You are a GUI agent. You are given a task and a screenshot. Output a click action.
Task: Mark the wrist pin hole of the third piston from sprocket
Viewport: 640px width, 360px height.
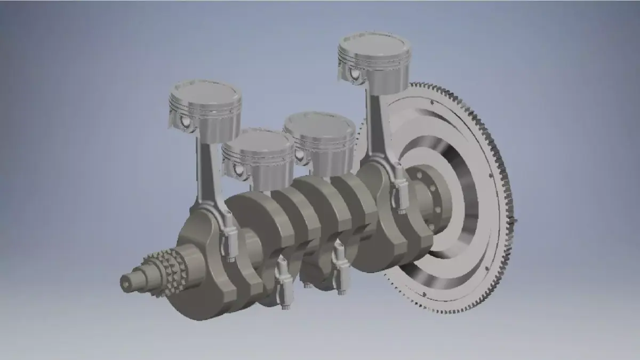300,155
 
